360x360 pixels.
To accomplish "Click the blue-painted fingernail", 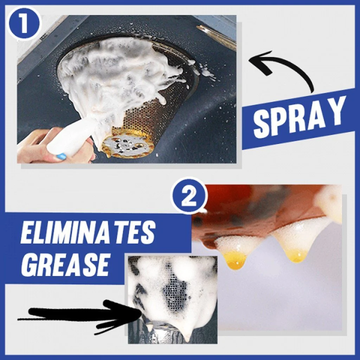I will tap(60, 156).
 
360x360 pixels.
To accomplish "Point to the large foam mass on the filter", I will tap(116, 74).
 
